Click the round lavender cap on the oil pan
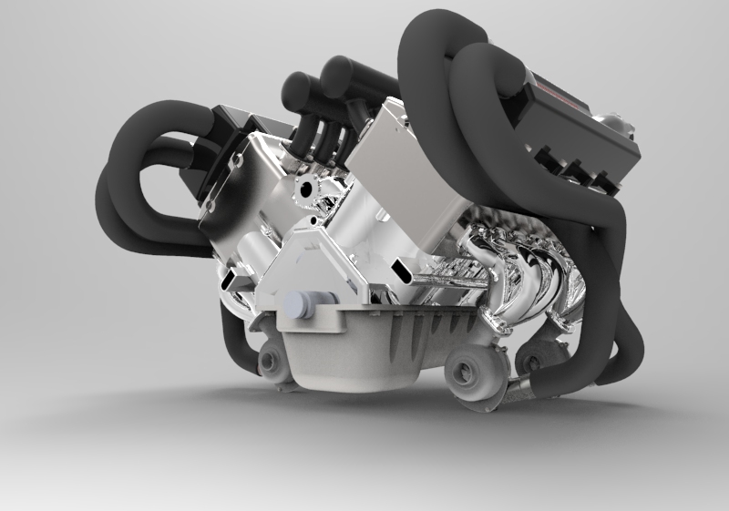[x=298, y=306]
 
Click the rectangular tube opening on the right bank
[x=402, y=270]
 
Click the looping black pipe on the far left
[x=137, y=182]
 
